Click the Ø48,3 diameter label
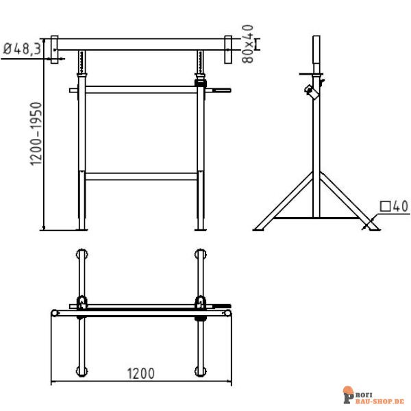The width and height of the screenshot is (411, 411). [x=20, y=49]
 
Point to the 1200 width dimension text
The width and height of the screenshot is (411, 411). [x=140, y=374]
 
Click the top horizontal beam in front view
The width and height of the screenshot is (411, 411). [x=141, y=44]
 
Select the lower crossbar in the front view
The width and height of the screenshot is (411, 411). [x=141, y=176]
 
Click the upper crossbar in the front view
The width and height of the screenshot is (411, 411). [x=141, y=89]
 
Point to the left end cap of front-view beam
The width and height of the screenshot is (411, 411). [x=54, y=49]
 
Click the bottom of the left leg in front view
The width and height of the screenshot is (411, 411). [x=83, y=226]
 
